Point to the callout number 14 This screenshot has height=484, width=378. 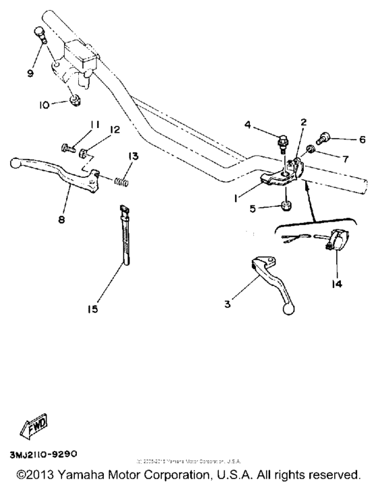[x=336, y=284]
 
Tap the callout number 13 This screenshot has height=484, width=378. [x=134, y=156]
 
